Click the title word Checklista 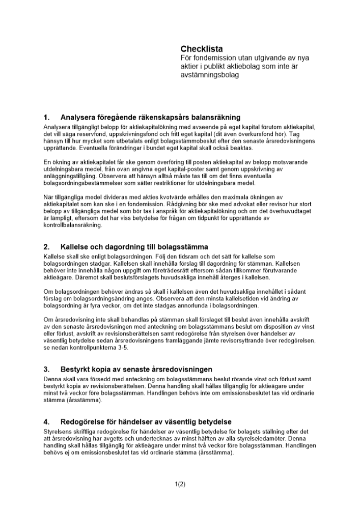click(202, 49)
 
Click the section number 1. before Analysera click(47, 117)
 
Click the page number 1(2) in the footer click(180, 484)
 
